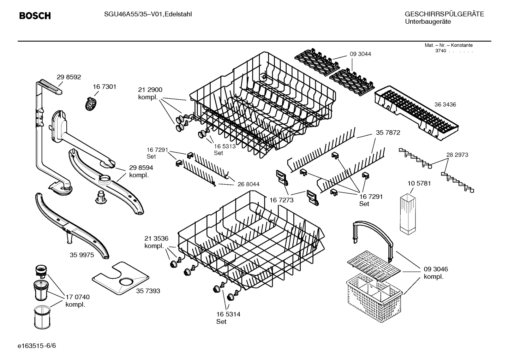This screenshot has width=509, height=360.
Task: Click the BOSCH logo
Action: tap(35, 16)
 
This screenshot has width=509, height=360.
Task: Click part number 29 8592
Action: tap(69, 77)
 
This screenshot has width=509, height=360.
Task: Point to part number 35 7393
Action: tap(148, 291)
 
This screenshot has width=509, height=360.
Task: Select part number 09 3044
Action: tap(360, 54)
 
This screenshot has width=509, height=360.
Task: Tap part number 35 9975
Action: tap(82, 255)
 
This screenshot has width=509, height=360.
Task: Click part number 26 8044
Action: tap(248, 184)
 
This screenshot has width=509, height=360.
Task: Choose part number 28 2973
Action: tap(457, 155)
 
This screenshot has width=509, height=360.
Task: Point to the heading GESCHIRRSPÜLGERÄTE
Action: tap(444, 14)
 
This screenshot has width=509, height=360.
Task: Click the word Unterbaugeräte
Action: tap(427, 22)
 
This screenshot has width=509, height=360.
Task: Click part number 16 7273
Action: tap(282, 200)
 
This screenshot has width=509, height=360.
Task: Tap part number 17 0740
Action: tap(77, 297)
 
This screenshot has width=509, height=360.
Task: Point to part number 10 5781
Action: tap(419, 183)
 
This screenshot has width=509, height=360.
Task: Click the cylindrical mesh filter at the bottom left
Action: tap(42, 317)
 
